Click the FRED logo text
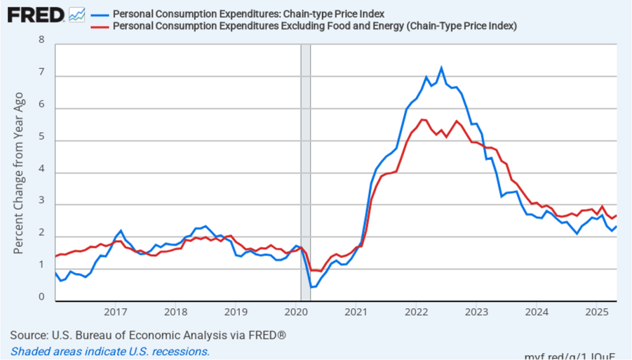coord(35,14)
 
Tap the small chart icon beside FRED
coord(77,14)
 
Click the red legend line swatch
coord(99,26)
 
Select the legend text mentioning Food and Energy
coord(314,26)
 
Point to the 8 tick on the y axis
coord(41,40)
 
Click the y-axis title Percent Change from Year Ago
coord(19,173)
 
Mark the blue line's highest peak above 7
coord(441,68)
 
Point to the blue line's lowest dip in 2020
coord(311,287)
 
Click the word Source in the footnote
coord(28,335)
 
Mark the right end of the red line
coord(616,216)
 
